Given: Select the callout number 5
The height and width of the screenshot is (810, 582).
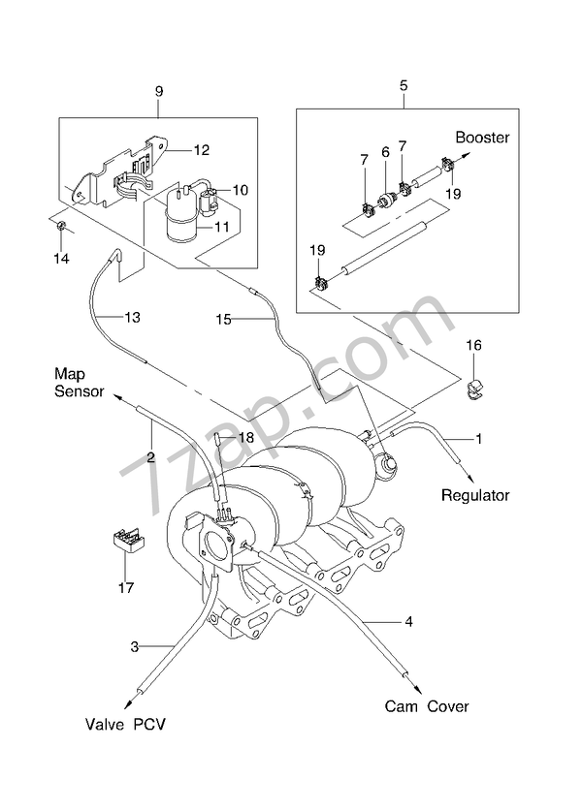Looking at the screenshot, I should pos(403,85).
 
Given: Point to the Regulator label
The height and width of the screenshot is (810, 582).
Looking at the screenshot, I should pos(475,495).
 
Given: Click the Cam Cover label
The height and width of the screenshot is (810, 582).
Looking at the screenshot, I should pos(427,706).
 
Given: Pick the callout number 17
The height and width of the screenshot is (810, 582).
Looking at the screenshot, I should pos(127,588).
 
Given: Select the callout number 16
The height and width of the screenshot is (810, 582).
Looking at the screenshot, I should pos(473,345).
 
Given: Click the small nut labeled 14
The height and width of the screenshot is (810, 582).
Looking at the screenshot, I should pos(60,228).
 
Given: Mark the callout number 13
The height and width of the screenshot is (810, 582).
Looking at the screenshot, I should pos(133,317).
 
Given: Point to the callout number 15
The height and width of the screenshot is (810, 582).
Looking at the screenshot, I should pos(223,317).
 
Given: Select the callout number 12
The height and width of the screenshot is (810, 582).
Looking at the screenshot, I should pos(202,150).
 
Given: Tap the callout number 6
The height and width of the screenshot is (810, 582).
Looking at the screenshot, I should pos(384,152).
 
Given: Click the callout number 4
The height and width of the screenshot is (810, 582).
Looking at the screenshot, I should pos(408,621).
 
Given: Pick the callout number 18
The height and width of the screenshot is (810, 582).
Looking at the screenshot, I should pos(246,438).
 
